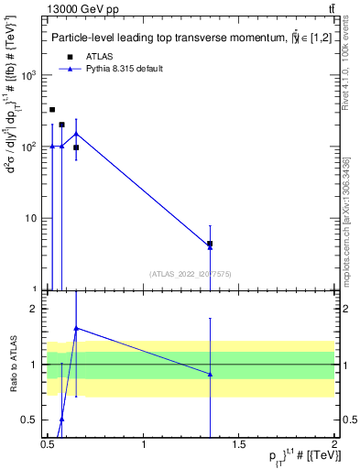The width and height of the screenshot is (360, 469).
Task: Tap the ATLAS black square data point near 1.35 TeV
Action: (x=211, y=244)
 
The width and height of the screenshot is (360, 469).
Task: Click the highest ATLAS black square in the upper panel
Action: (x=52, y=110)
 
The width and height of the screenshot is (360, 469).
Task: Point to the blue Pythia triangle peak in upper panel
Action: (x=76, y=134)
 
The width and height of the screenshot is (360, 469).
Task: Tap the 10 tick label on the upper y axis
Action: (x=34, y=218)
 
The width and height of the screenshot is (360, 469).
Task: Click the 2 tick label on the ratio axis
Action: (x=38, y=310)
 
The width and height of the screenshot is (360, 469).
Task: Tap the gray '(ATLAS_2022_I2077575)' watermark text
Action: (x=189, y=273)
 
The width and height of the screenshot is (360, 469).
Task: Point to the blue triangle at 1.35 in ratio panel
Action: (x=211, y=374)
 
